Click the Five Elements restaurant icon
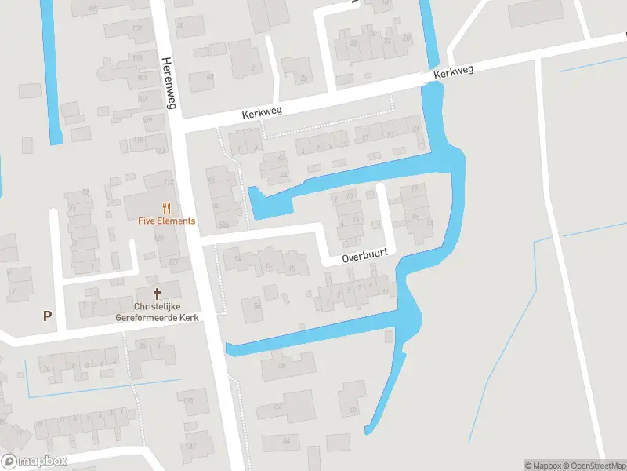[166, 208]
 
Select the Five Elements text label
[166, 221]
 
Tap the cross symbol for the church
[157, 294]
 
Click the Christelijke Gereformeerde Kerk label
[157, 312]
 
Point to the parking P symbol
[47, 316]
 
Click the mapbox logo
[34, 461]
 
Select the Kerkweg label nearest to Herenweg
[262, 114]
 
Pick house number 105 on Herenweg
[142, 78]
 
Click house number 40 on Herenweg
[209, 77]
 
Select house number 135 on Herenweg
[188, 400]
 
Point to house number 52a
[225, 225]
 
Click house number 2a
[303, 78]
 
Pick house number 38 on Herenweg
[179, 26]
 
